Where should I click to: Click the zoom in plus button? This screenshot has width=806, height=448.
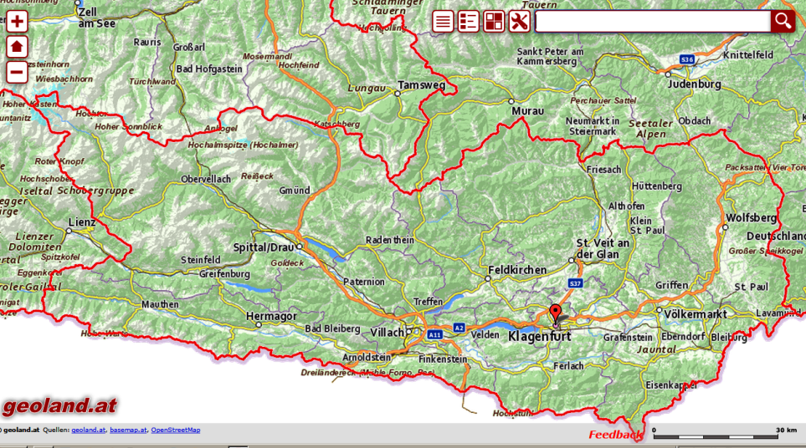click(17, 22)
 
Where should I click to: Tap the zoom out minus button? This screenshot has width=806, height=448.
click(17, 72)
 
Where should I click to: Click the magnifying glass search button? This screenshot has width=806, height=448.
click(783, 22)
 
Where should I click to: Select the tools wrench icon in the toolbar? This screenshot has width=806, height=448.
click(519, 22)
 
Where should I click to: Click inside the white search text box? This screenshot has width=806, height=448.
click(652, 22)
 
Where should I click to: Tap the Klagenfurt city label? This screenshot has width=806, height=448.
click(539, 337)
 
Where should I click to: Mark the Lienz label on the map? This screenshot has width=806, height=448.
click(81, 224)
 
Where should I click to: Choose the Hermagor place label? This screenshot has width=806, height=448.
click(272, 316)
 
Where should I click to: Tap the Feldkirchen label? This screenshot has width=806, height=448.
click(516, 270)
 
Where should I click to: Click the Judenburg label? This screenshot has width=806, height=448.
click(693, 84)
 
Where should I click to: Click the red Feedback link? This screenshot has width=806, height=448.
click(615, 435)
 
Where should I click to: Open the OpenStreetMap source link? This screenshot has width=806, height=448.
click(176, 430)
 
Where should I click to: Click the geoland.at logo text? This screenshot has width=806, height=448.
click(59, 407)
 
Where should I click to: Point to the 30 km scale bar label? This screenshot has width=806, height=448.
click(785, 430)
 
